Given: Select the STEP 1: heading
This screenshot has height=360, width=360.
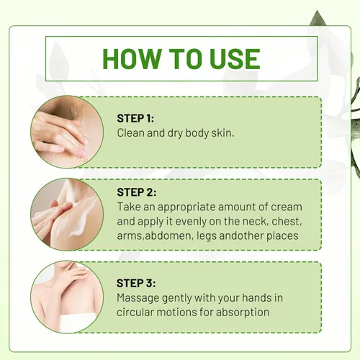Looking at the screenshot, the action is click(135, 118).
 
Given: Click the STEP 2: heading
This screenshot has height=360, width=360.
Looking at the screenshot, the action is click(137, 192).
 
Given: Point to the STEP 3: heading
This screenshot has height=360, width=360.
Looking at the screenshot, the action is click(136, 283).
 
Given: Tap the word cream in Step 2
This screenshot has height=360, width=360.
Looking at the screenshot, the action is click(287, 207).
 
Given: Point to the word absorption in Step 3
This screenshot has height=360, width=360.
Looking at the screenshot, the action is click(243, 312).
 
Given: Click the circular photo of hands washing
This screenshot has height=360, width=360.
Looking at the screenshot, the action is click(67, 132).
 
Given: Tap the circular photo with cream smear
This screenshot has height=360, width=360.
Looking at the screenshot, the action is click(67, 215).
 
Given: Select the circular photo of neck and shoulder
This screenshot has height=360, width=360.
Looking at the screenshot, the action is click(67, 297).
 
